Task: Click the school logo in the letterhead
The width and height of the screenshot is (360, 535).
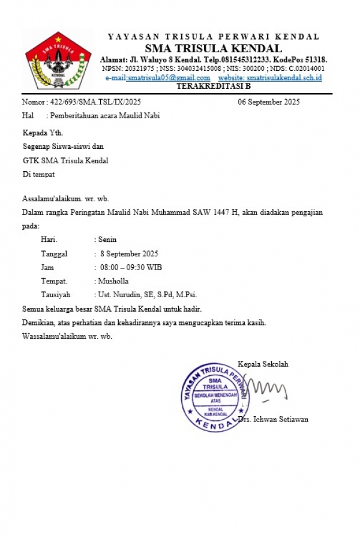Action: coord(58,61)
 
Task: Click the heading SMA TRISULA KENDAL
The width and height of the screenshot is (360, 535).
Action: coord(214,49)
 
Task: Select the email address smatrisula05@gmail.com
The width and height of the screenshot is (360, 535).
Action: coord(169,78)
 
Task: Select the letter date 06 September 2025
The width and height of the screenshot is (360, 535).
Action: coord(269,102)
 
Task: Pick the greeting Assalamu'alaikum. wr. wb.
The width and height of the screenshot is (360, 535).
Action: coord(65,199)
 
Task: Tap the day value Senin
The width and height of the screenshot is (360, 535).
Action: coord(107,240)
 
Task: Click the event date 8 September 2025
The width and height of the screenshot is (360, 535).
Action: coord(130,253)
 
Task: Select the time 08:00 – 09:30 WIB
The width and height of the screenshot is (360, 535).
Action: coord(131,267)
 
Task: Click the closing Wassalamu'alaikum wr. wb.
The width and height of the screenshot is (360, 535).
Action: coord(67,336)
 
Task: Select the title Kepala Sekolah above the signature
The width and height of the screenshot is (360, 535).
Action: coord(263,364)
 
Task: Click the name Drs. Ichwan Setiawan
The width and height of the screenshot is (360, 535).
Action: coord(273,419)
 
